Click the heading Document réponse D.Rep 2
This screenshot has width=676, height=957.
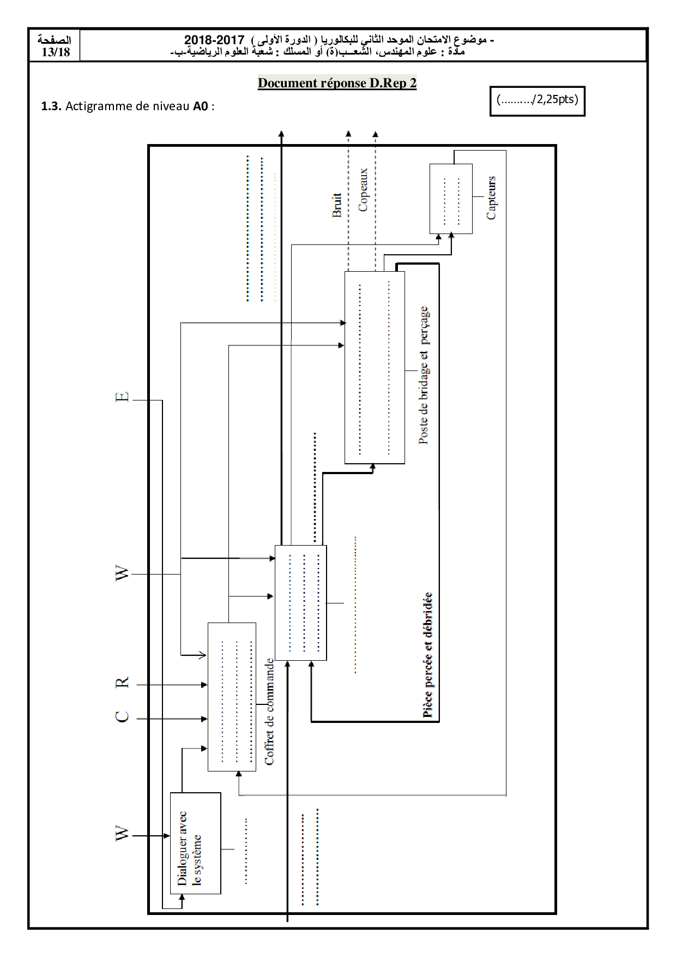point(337,83)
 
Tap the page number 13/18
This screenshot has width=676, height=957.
point(56,52)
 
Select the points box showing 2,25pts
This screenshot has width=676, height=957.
point(537,100)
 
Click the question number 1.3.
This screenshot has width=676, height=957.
point(51,106)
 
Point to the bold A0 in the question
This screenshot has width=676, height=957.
point(201,106)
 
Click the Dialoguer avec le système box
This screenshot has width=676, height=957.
point(195,843)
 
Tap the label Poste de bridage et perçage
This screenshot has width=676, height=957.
point(424,375)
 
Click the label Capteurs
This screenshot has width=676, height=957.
point(492,198)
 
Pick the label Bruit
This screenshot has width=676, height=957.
point(337,205)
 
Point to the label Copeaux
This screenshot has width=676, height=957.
point(363,190)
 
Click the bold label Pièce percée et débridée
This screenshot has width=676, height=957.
point(428,655)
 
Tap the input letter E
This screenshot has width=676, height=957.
point(123,397)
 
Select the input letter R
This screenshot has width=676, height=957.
point(123,682)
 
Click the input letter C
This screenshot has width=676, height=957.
point(123,716)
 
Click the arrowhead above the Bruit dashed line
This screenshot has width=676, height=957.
point(348,134)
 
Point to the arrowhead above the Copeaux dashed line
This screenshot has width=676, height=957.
point(375,134)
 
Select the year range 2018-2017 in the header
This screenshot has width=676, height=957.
point(214,40)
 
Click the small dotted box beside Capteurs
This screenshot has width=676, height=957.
point(451,199)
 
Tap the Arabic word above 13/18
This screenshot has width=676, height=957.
point(55,40)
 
